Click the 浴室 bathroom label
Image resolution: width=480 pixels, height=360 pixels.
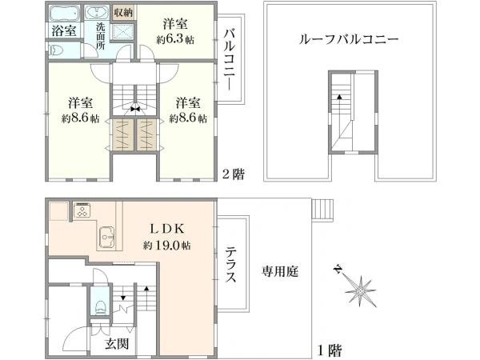(x=64, y=30)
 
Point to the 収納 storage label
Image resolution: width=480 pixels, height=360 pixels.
(x=123, y=13)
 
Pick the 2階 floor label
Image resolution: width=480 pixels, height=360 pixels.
(x=233, y=174)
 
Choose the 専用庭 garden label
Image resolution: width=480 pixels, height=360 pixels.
(x=280, y=272)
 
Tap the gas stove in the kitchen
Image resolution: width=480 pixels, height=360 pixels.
(x=84, y=211)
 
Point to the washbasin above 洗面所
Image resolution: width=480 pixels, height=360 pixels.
(x=98, y=14)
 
